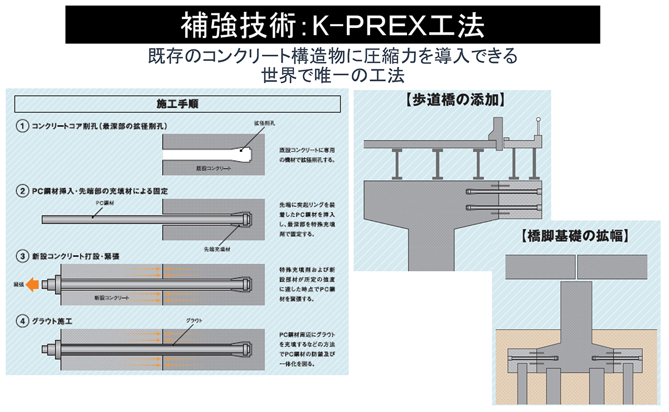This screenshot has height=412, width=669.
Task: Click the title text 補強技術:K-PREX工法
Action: (332, 25)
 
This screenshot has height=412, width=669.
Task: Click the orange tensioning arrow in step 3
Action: (33, 285)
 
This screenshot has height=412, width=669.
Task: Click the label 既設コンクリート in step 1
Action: (214, 167)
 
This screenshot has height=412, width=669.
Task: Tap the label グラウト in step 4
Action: (195, 320)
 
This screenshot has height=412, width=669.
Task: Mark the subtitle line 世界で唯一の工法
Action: (332, 75)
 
